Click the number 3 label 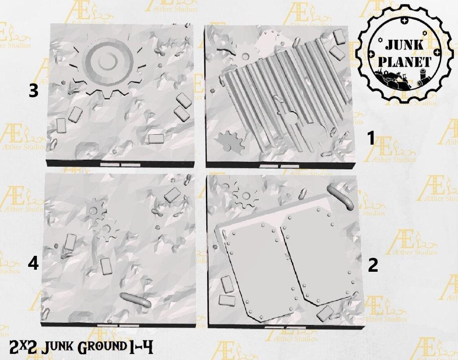coord(34,91)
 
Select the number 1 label coord(371,138)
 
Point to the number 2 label coord(373,265)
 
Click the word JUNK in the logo coord(404,45)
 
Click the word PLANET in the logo coord(405,62)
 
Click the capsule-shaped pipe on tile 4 coord(136,300)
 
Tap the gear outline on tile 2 coord(246,195)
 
